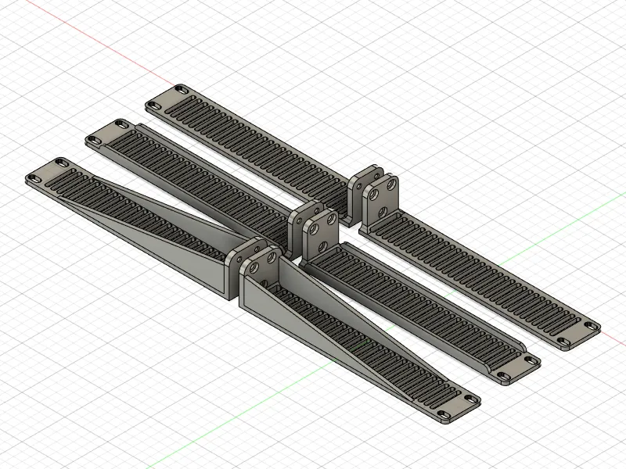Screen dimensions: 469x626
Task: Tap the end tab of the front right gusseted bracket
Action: tap(457, 406)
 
